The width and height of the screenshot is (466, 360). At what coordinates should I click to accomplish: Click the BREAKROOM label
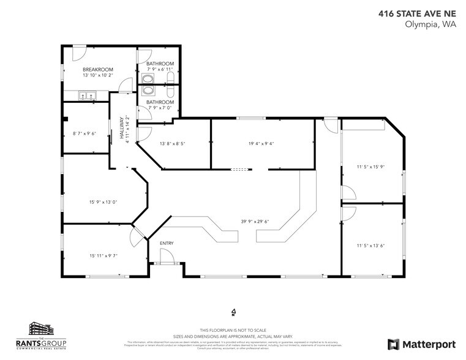96,70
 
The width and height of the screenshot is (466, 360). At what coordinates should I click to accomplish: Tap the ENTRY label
167,244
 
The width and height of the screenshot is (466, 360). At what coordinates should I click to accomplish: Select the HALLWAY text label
122,130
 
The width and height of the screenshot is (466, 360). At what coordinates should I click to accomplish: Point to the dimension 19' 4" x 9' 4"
261,144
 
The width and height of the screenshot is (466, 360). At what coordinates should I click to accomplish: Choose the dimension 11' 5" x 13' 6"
371,246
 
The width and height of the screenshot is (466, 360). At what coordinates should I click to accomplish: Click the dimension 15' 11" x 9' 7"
103,256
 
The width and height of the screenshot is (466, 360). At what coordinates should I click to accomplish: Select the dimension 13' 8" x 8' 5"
172,144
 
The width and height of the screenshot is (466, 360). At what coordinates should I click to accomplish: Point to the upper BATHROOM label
160,64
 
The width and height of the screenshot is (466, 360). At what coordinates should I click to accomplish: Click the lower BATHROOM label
160,102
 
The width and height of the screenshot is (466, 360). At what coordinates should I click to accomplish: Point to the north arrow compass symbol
233,312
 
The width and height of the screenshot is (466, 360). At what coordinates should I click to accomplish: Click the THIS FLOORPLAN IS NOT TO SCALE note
233,329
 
